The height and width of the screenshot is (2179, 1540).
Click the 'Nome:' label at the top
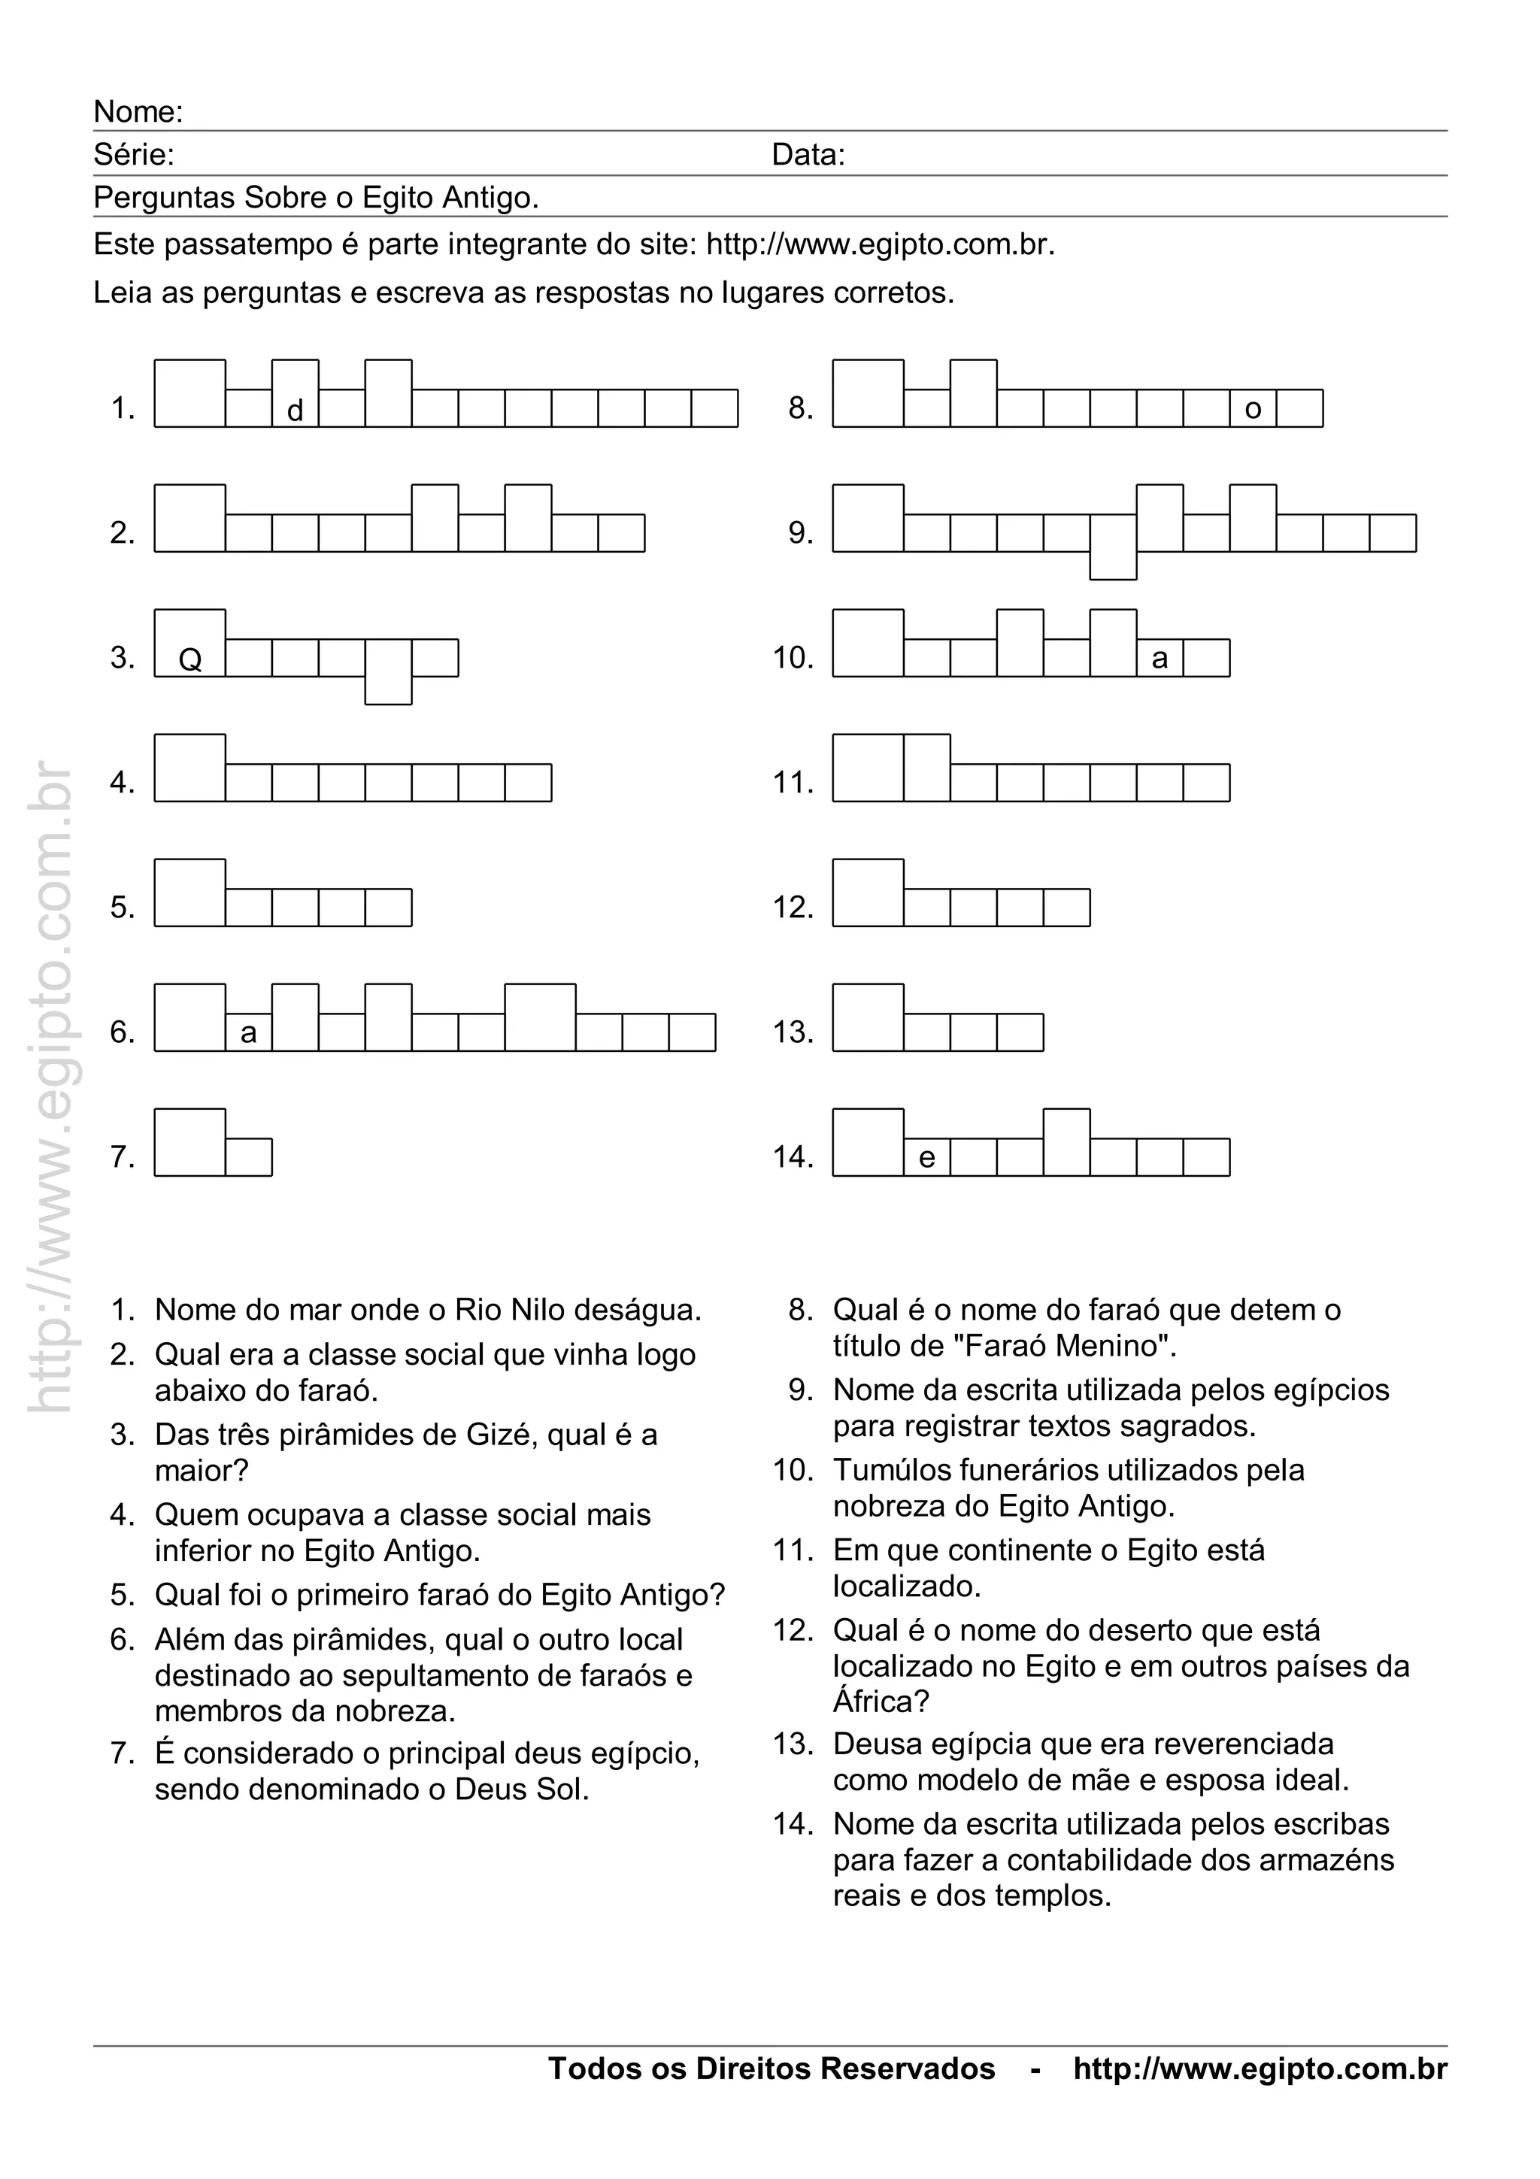click(138, 112)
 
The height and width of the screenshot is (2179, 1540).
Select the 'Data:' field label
click(808, 155)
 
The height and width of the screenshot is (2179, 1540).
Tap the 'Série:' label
click(133, 155)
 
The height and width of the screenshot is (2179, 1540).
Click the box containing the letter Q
click(189, 644)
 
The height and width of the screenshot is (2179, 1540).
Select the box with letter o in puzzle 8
click(1253, 408)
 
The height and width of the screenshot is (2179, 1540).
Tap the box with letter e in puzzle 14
click(927, 1157)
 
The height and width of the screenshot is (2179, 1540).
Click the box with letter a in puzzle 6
click(249, 1032)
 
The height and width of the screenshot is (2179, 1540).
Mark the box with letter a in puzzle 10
click(1160, 658)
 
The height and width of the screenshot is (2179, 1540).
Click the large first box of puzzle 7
click(189, 1143)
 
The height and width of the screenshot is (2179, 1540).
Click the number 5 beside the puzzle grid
click(123, 908)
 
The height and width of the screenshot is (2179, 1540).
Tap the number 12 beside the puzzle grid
click(793, 908)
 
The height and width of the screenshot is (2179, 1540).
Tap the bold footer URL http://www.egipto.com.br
click(1260, 2069)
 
